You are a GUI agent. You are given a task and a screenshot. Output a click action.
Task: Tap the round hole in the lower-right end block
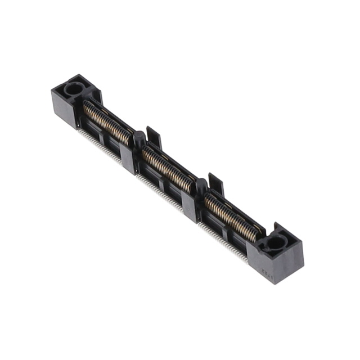pos(276,242)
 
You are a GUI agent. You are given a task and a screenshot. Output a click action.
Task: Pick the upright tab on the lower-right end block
pos(276,228)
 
